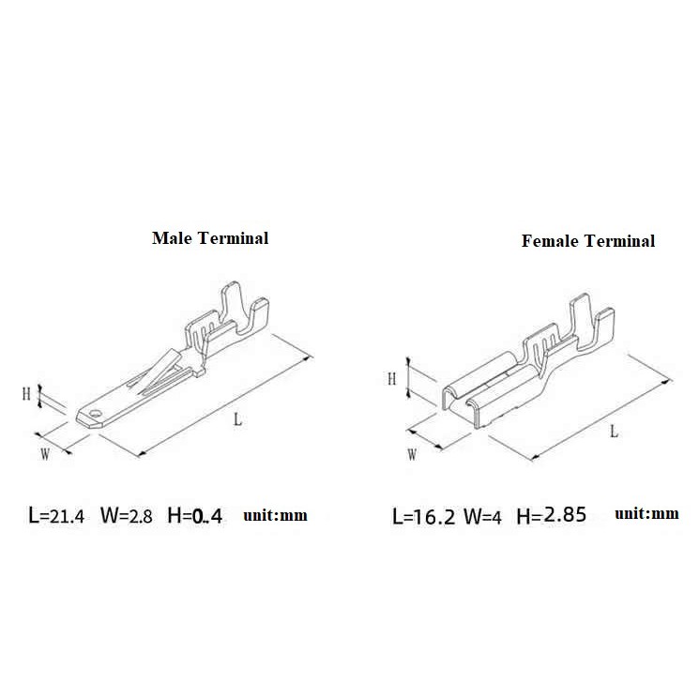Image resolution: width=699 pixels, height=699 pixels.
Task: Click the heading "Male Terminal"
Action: coord(210,238)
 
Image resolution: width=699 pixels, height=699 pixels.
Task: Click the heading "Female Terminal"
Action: coord(588,241)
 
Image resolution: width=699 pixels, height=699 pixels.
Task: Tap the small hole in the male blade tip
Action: coord(95,413)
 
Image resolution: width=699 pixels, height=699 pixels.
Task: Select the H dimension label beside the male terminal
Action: coord(26,394)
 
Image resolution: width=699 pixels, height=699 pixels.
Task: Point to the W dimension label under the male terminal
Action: coord(45,454)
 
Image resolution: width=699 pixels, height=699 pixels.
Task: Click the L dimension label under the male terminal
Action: coord(238,419)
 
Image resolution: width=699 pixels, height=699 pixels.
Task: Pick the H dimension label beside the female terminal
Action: coord(391,379)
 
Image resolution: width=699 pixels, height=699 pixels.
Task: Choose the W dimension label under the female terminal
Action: coord(412,455)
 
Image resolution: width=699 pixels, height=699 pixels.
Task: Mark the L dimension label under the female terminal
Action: coord(615,431)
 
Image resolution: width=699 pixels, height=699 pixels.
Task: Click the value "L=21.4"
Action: coord(56,515)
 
